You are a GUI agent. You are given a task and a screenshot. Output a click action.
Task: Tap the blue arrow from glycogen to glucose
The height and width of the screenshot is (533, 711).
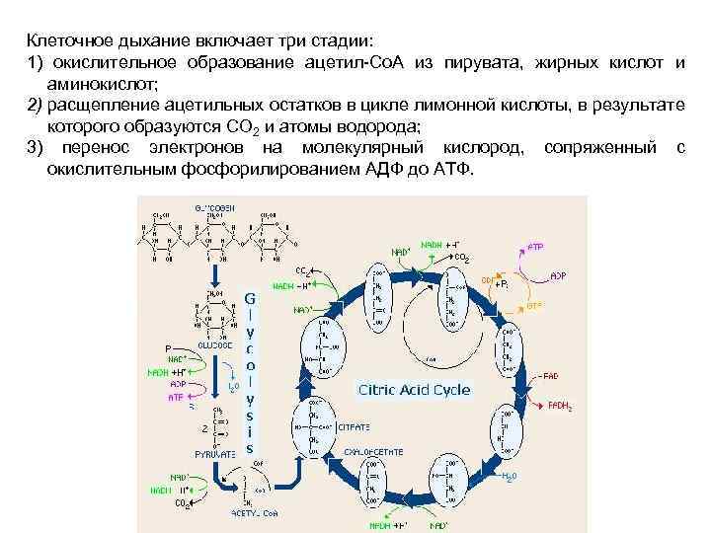pyautogui.click(x=209, y=266)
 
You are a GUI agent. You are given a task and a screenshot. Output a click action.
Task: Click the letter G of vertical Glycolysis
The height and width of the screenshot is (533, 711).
pyautogui.click(x=250, y=296)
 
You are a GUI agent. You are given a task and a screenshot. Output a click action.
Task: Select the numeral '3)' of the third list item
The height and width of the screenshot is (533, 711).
pyautogui.click(x=36, y=147)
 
